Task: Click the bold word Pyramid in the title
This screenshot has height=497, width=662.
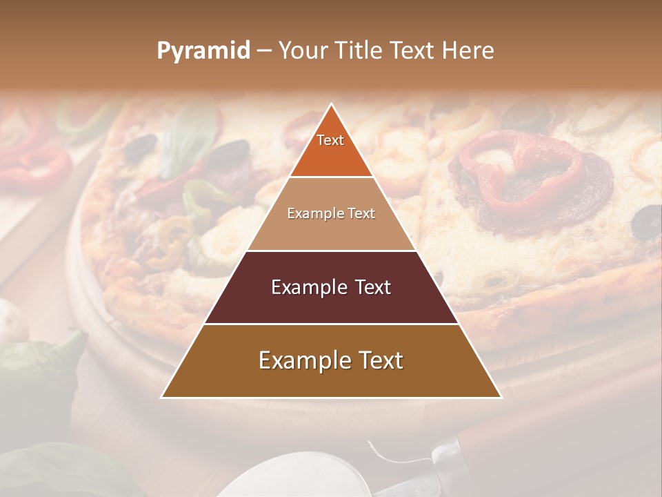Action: click(203, 51)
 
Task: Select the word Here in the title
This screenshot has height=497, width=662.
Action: click(468, 51)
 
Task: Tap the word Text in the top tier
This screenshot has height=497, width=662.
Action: click(330, 140)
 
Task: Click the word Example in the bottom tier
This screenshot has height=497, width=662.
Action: click(300, 360)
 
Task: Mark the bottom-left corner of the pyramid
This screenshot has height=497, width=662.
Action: click(162, 397)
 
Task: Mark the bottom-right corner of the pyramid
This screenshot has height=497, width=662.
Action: click(501, 397)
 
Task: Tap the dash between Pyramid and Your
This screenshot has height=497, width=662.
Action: click(263, 51)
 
